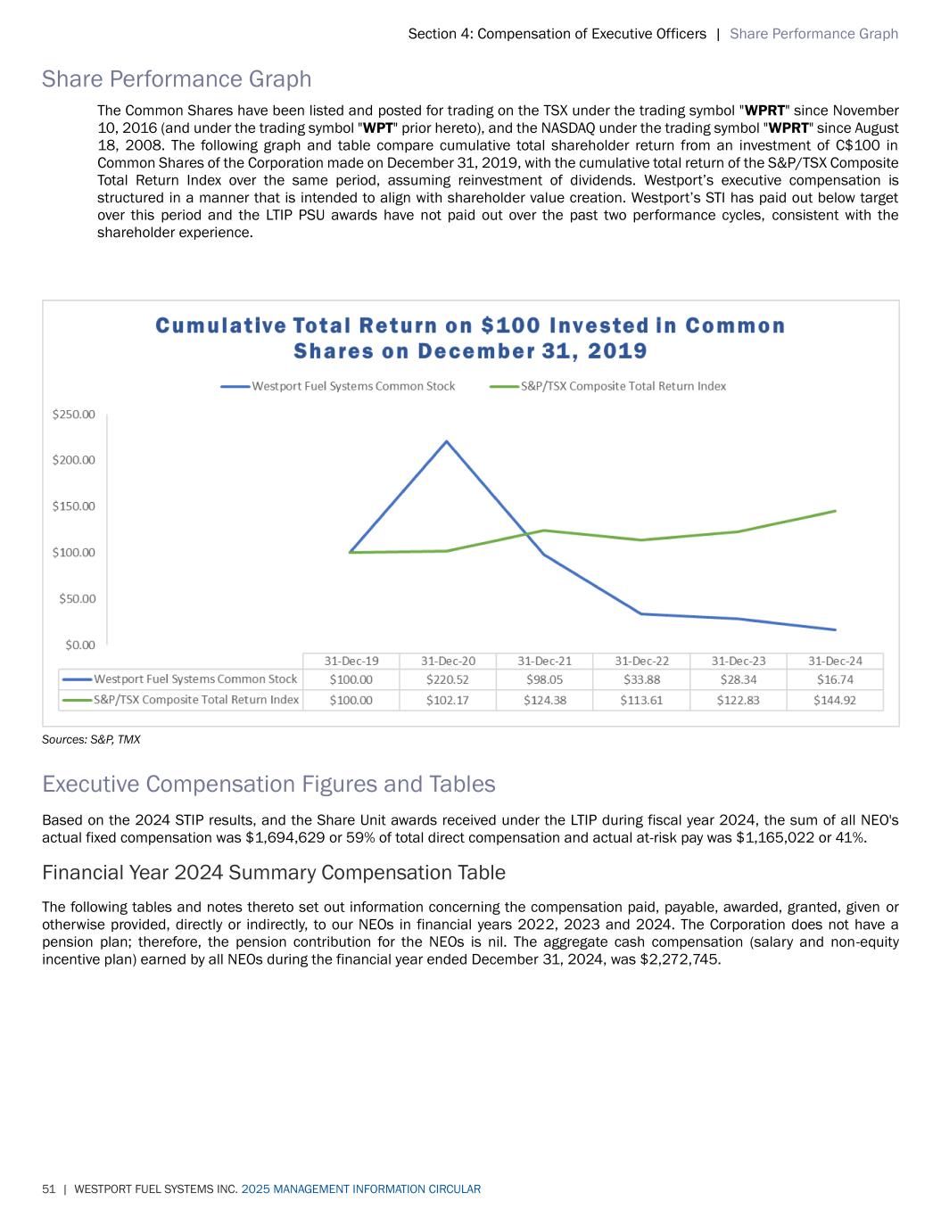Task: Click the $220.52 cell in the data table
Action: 447,679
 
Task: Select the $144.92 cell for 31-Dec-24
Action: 834,700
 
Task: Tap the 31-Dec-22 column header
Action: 641,661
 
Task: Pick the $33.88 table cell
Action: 641,679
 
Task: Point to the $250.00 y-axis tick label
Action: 74,415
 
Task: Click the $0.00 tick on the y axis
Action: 80,644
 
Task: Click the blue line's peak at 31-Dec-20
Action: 446,441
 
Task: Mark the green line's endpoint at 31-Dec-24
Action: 835,511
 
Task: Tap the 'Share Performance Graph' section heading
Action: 177,79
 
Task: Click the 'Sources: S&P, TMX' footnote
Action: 91,740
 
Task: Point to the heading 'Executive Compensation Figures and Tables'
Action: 268,785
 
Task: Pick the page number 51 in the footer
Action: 48,1189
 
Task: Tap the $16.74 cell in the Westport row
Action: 834,679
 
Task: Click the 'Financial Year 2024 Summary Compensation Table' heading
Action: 274,872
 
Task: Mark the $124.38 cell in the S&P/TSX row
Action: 544,700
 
